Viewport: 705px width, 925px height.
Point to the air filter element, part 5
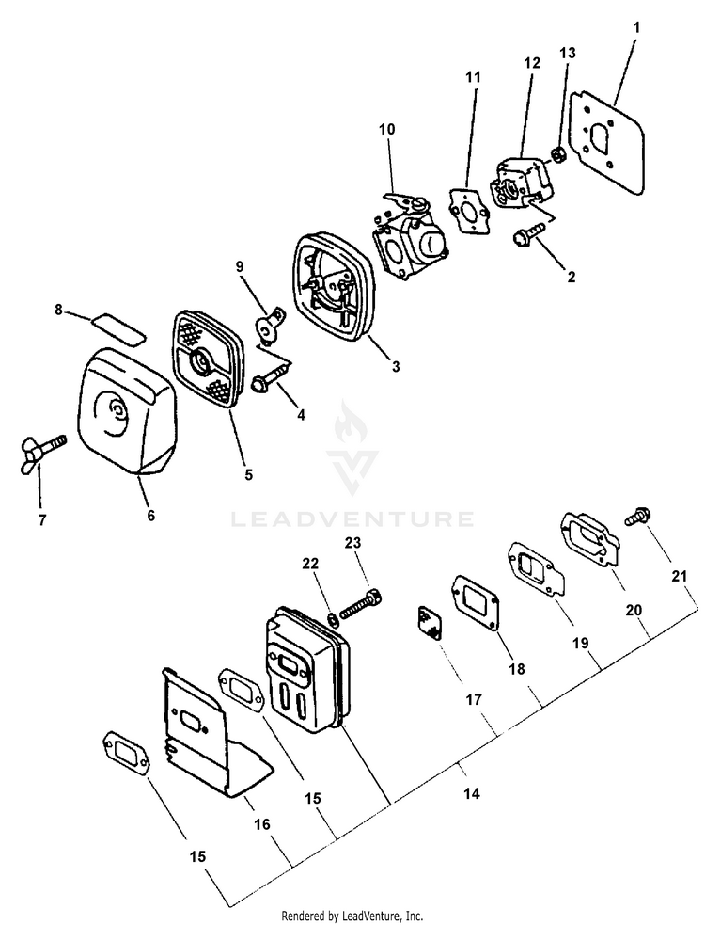[206, 359]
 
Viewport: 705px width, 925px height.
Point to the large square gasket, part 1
[605, 141]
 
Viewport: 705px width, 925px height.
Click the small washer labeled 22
[332, 620]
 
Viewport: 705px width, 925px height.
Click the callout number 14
[471, 794]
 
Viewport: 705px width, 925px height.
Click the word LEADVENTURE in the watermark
[352, 518]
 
